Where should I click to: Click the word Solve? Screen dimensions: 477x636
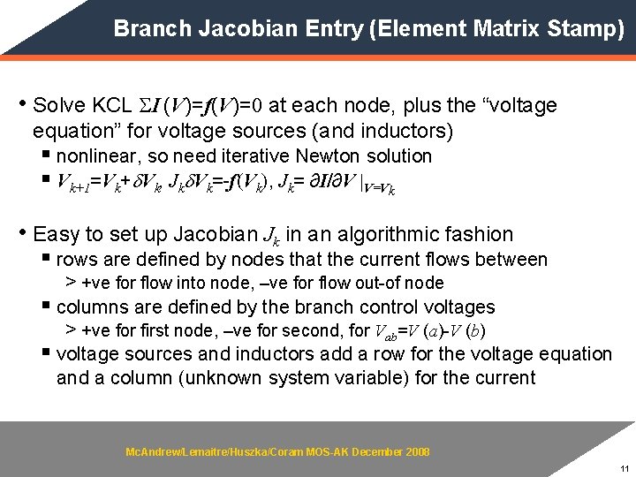pyautogui.click(x=57, y=106)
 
